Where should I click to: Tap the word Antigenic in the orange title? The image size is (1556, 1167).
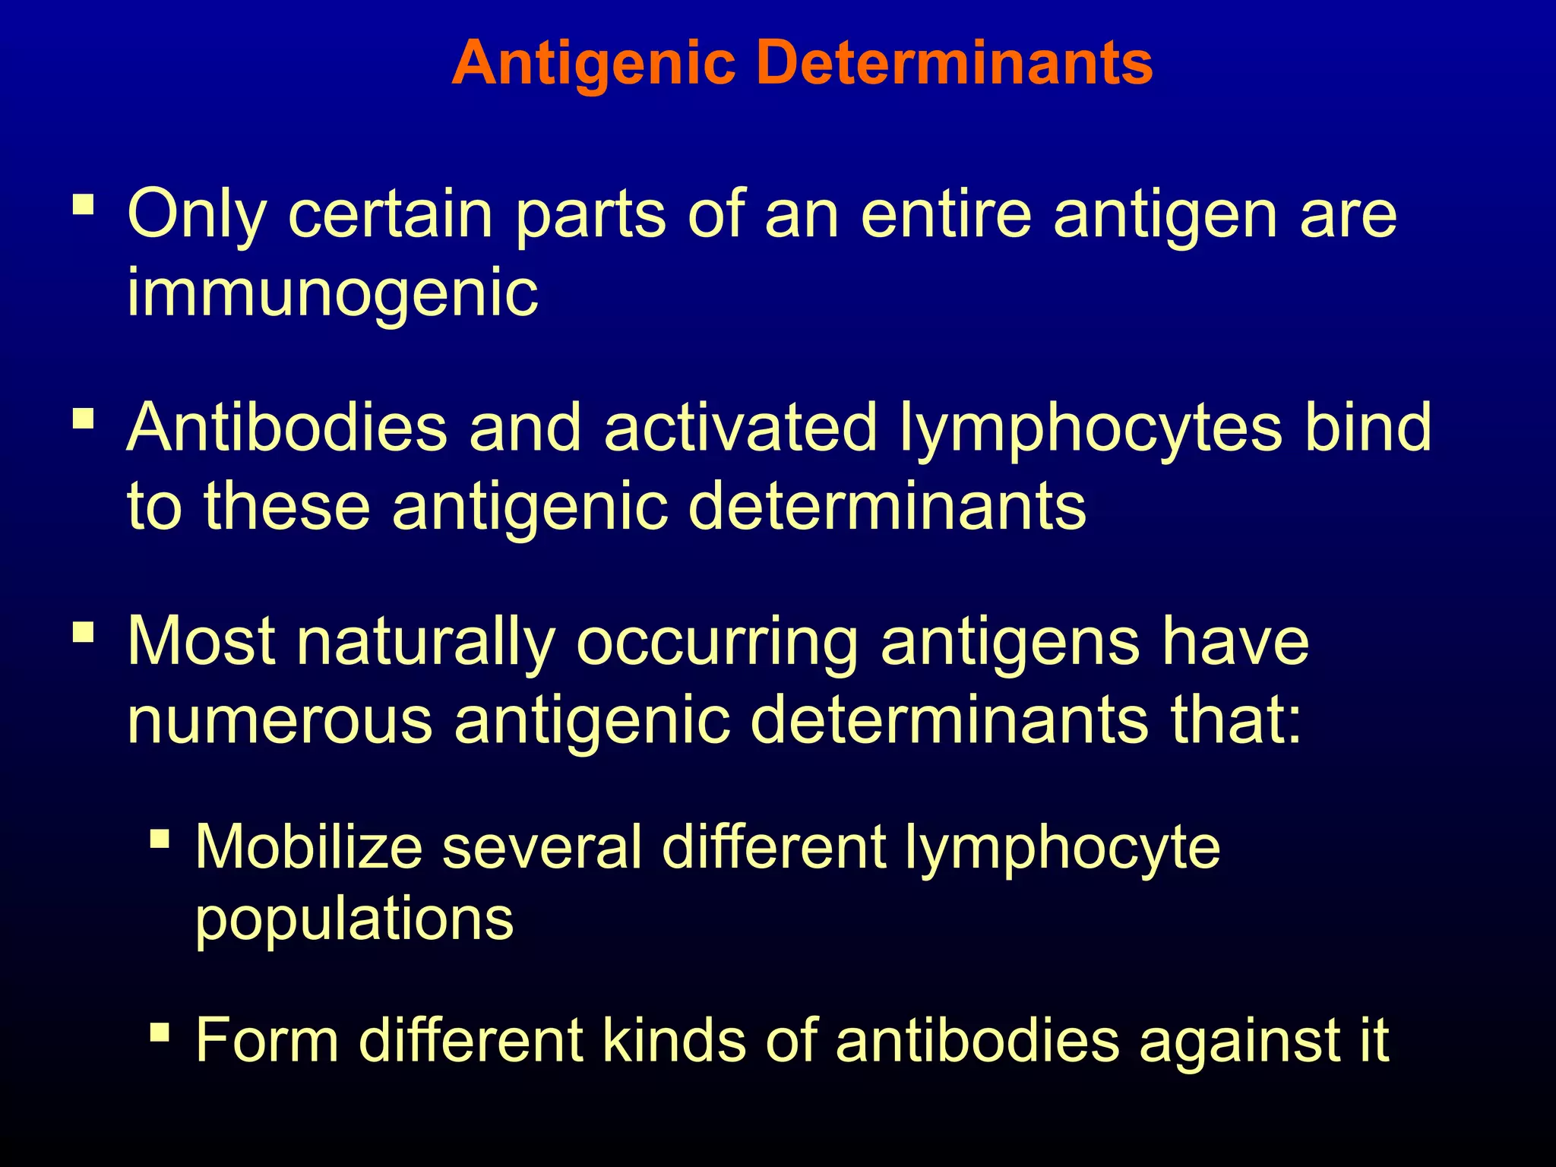coord(593,64)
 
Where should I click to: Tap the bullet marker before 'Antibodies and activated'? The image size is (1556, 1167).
coord(84,419)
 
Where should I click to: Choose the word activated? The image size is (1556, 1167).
coord(741,428)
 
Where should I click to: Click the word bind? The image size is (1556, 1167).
coord(1367,428)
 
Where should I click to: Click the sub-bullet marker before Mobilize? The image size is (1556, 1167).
coord(160,839)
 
